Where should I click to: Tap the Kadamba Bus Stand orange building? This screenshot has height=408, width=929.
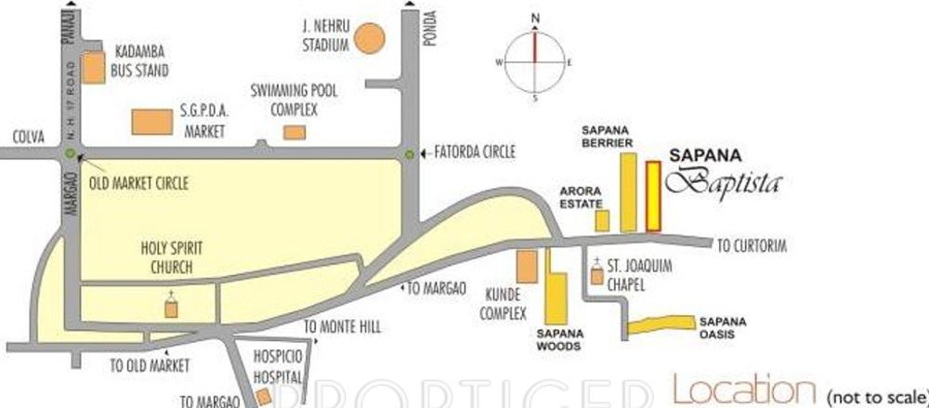[x=94, y=70]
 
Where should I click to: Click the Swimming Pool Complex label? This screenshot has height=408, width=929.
[x=294, y=100]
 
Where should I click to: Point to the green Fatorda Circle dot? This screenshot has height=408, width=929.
[x=409, y=153]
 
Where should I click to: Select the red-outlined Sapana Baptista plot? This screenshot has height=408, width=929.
[x=653, y=196]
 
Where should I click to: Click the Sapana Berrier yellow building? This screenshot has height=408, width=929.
[x=629, y=192]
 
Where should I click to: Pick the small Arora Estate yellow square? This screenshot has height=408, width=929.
[x=602, y=220]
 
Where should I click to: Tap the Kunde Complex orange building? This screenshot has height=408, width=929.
[x=526, y=267]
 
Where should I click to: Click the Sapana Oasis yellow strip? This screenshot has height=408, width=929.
[x=661, y=323]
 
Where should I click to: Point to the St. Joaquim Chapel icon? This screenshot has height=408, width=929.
[x=596, y=275]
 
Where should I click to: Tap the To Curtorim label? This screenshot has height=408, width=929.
[x=752, y=246]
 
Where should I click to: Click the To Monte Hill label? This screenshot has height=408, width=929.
[x=343, y=326]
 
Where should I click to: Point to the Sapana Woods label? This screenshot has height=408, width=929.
[x=558, y=339]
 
